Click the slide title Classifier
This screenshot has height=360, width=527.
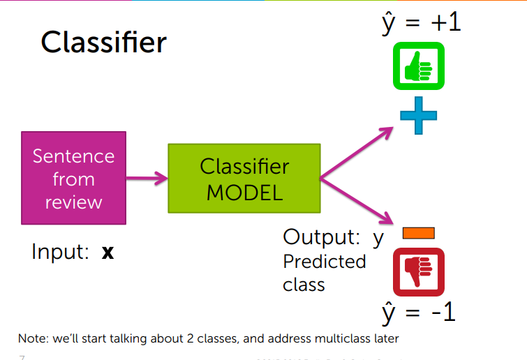coord(103,43)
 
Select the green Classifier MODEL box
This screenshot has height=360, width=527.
coord(244,179)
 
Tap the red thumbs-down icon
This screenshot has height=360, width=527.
coord(417,272)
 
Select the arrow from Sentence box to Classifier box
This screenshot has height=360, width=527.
coord(147,178)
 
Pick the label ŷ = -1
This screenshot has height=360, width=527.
coord(418,312)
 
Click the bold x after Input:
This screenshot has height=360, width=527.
coord(107,252)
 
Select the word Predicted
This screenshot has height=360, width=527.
coord(324,262)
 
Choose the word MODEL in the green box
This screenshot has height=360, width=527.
coord(244,192)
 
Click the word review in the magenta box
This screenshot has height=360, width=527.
coord(73,202)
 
